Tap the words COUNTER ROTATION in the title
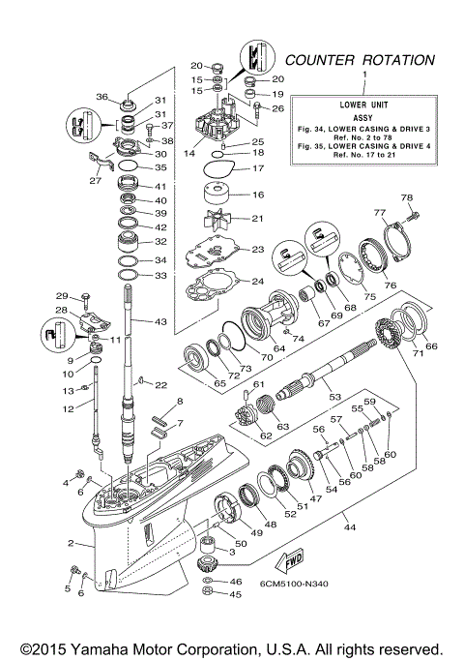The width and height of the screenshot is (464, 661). tap(359, 60)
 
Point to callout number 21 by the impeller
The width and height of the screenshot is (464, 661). tap(256, 218)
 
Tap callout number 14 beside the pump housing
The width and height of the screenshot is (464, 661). tap(189, 153)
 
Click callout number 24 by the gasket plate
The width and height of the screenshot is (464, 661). tap(256, 282)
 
